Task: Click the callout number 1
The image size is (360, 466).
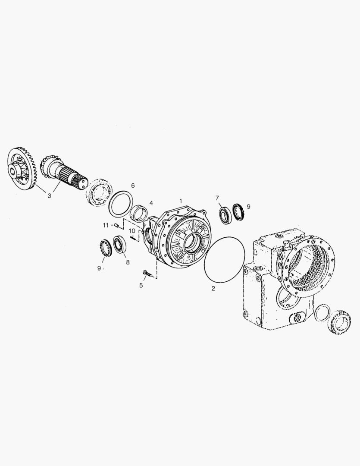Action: (x=181, y=201)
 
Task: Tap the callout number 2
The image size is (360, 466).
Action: (x=213, y=288)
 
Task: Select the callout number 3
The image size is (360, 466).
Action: (x=49, y=196)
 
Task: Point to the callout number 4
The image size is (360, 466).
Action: (x=151, y=203)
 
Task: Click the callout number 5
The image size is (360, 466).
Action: (x=141, y=285)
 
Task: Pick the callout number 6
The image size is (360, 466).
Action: (x=133, y=186)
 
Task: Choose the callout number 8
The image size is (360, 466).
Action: (x=127, y=261)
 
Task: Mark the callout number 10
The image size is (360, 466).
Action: (x=132, y=231)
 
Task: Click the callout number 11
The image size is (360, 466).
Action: (x=105, y=225)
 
